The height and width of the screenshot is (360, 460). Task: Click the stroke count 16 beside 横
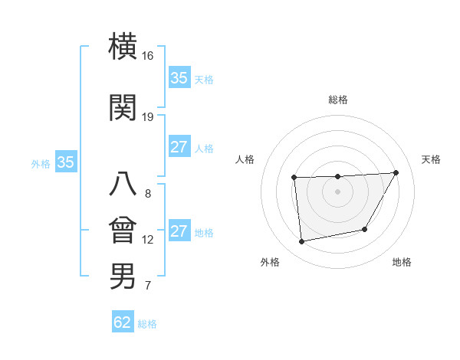click(148, 56)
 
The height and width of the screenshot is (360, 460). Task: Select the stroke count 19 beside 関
click(148, 117)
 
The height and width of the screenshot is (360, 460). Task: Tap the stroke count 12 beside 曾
click(148, 240)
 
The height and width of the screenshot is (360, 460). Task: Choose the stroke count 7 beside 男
click(148, 286)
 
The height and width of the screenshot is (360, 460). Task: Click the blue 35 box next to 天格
click(179, 78)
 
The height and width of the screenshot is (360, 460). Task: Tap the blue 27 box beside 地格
click(179, 231)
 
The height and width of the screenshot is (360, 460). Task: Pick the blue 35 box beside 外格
click(65, 162)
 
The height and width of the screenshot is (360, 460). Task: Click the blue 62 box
click(123, 322)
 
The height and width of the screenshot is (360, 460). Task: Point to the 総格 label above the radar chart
click(338, 100)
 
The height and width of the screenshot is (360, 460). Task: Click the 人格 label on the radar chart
click(245, 159)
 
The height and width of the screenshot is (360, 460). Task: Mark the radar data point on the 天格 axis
click(396, 172)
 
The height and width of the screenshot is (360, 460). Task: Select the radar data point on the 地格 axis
click(365, 229)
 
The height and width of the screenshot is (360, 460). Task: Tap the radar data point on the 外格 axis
click(302, 242)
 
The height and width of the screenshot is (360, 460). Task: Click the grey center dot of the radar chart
click(337, 191)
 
